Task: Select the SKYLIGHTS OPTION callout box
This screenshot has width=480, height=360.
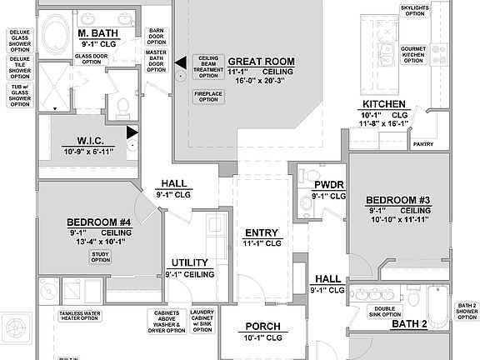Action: click(x=414, y=11)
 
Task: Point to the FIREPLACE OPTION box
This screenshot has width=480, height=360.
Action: click(x=209, y=97)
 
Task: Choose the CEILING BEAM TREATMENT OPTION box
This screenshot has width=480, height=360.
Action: click(x=208, y=67)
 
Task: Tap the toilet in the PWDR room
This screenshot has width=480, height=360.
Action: click(x=302, y=176)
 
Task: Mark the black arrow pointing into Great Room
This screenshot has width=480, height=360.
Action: click(x=178, y=62)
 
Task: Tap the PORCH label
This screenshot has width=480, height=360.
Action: click(x=262, y=327)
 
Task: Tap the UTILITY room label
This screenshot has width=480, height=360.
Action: click(x=190, y=262)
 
